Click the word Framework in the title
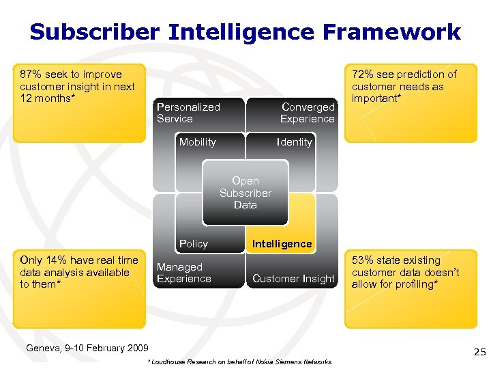(396, 32)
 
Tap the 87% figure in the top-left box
(31, 74)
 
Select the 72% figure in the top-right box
(363, 74)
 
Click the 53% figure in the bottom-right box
(363, 260)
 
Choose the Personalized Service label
(188, 113)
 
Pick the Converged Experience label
(308, 113)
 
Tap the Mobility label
(197, 142)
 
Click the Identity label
(294, 142)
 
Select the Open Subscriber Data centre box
(245, 193)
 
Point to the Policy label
(193, 244)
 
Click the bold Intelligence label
(282, 244)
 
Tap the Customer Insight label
(293, 279)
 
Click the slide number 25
(479, 353)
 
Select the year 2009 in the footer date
(136, 348)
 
